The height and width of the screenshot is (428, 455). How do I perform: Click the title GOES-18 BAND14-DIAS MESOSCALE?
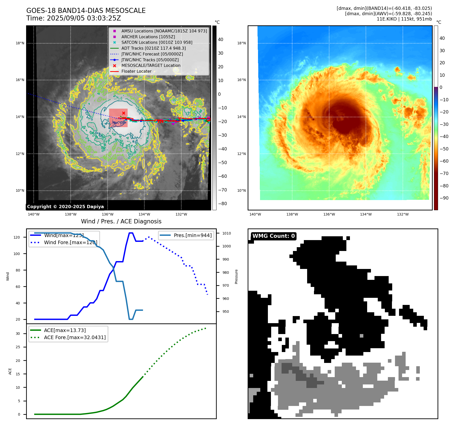(86, 11)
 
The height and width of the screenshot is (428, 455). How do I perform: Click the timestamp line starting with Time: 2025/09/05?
(74, 18)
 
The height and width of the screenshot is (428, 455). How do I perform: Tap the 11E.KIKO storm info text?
(404, 19)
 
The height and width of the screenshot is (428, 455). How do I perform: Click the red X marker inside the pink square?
(124, 113)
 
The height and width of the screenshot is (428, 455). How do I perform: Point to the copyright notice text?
(65, 207)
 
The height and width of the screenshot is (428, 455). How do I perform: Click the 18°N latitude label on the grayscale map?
(20, 43)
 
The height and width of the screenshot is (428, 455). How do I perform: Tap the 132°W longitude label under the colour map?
(403, 214)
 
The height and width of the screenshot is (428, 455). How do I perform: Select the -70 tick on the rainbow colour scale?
(444, 173)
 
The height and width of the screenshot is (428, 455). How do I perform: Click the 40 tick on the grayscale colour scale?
(221, 40)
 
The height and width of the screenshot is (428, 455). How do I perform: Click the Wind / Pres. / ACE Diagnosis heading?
(121, 221)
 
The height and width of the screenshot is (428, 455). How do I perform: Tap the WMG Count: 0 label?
(273, 236)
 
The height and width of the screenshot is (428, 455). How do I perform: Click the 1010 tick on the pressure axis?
(227, 233)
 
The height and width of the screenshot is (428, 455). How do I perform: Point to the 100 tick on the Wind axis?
(17, 254)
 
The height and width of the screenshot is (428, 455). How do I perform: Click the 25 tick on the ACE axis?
(18, 347)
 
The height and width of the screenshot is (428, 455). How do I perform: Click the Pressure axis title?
(236, 277)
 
